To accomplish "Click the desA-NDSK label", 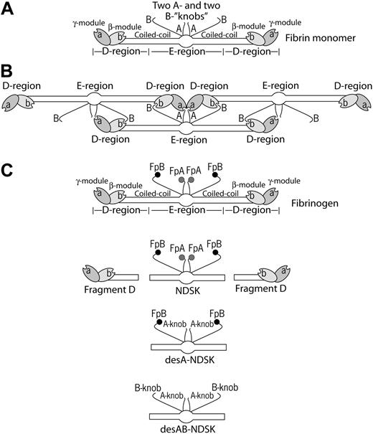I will click(186, 359).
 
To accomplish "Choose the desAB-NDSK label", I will click(186, 428).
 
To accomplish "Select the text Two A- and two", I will click(186, 6).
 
